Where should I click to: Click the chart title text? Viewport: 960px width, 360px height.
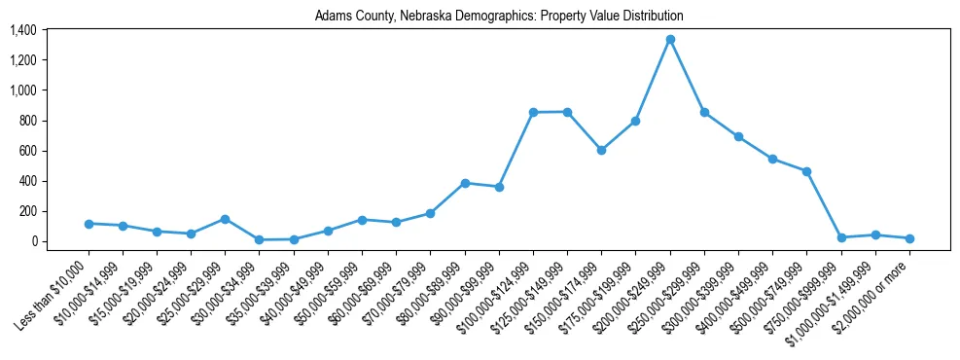499,17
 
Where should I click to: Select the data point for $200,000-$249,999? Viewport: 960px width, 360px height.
670,40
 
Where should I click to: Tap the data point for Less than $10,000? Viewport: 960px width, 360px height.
89,224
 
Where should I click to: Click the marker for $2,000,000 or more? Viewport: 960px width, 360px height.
909,238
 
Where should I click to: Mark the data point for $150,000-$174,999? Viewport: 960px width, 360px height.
601,150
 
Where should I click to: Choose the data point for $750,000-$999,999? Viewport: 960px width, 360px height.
841,237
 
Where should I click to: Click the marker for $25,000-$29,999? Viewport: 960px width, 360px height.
225,219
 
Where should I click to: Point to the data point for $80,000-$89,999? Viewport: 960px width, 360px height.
465,183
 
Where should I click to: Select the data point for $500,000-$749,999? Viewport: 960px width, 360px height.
806,171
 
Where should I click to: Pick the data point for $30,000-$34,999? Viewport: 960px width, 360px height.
260,239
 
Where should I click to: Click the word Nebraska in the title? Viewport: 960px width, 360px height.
425,17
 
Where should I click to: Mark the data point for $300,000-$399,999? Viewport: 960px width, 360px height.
738,136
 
